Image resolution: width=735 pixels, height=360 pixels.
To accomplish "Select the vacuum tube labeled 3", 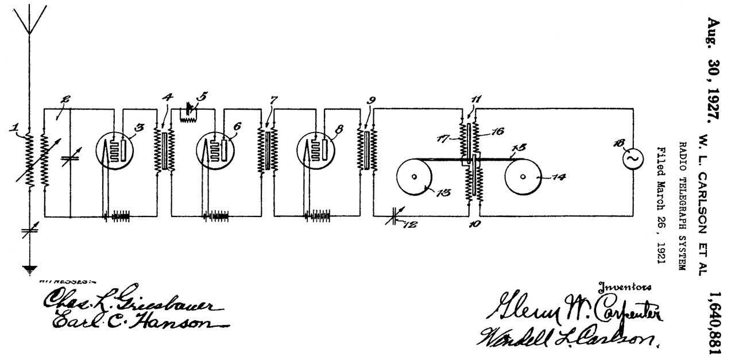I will click(x=114, y=150).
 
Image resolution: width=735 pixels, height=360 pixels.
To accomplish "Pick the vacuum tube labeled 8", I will click(x=315, y=150).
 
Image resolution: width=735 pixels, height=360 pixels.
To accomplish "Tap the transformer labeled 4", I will click(x=165, y=149).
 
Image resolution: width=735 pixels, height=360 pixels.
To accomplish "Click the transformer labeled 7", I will click(x=266, y=149).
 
